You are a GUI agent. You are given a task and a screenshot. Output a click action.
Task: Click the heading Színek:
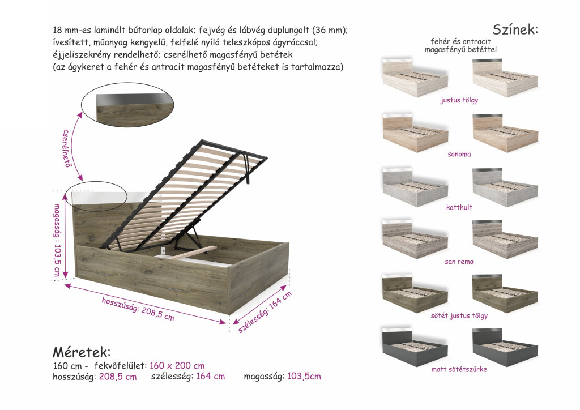click(x=515, y=29)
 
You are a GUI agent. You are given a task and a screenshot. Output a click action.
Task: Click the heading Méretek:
click(x=82, y=352)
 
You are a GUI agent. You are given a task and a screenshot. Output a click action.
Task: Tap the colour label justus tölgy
click(x=459, y=100)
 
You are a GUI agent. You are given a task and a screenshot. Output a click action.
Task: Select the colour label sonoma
click(x=459, y=154)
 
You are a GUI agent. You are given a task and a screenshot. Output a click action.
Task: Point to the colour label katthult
click(x=459, y=207)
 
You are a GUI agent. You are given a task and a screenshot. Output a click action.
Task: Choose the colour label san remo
click(x=459, y=262)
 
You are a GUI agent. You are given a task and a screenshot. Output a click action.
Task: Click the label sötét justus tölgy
click(x=459, y=316)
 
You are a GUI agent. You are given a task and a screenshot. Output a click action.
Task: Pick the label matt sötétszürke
click(x=459, y=369)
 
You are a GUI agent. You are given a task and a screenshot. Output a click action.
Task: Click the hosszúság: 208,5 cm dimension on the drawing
click(x=138, y=308)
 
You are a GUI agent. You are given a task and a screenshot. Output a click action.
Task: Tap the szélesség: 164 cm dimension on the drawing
click(x=265, y=311)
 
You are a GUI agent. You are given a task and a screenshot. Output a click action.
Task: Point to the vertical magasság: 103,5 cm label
click(x=57, y=240)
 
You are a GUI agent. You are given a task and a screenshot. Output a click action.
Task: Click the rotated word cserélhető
click(x=66, y=148)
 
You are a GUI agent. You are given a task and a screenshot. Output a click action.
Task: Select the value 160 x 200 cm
click(x=177, y=366)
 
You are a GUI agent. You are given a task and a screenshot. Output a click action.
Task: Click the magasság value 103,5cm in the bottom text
click(x=304, y=377)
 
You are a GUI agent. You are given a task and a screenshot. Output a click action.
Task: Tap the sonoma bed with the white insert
click(x=415, y=133)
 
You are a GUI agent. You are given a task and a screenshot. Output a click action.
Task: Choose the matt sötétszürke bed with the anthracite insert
click(x=505, y=347)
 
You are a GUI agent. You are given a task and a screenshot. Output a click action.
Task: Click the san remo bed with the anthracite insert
click(x=505, y=239)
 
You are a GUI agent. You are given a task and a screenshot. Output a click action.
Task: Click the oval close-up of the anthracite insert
click(x=127, y=108)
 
